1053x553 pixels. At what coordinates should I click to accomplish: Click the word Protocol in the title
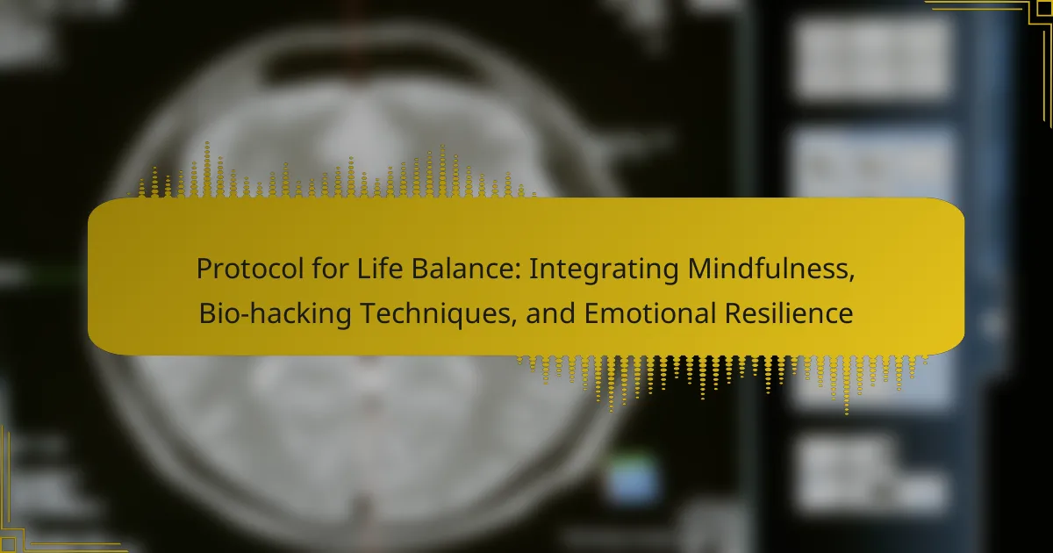click(x=249, y=269)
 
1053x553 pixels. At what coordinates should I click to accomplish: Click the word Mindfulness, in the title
click(x=771, y=269)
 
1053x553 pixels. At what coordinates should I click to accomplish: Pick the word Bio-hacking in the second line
click(x=275, y=313)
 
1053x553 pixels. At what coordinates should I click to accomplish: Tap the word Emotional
click(x=649, y=313)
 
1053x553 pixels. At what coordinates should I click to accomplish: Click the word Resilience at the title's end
click(x=788, y=313)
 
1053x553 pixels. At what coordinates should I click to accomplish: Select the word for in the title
click(x=330, y=269)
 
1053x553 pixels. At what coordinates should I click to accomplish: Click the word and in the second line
click(x=550, y=313)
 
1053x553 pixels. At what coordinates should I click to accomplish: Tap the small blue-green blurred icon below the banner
click(x=633, y=478)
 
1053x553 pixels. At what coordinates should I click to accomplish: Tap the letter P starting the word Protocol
click(x=204, y=269)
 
